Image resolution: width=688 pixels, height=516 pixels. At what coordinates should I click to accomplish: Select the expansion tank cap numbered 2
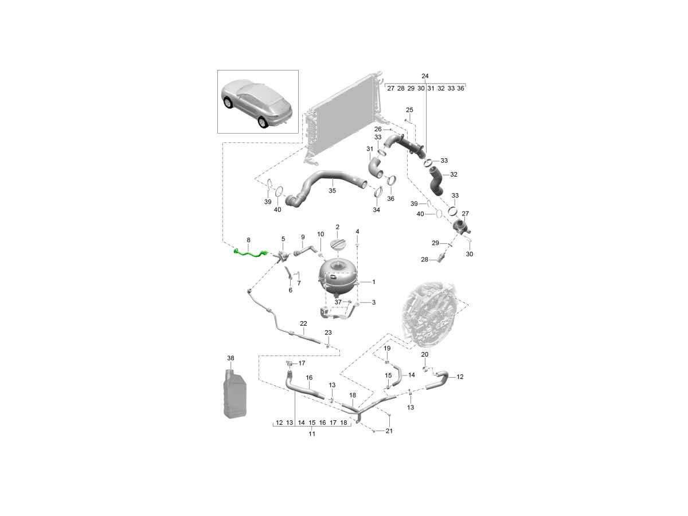point(338,245)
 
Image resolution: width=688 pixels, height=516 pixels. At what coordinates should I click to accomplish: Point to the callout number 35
point(332,190)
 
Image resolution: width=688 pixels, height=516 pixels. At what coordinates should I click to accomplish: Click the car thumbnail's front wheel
point(228,103)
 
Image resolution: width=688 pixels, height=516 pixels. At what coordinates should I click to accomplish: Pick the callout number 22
point(303,324)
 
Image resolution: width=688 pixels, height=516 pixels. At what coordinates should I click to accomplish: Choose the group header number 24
point(425,76)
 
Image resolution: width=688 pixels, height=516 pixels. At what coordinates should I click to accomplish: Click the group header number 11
point(312,434)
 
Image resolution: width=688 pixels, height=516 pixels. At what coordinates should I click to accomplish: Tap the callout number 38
point(230,358)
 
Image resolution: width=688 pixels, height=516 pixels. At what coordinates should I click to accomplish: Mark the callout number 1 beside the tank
point(373,282)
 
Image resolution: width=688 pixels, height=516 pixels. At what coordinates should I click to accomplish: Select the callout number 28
point(425,260)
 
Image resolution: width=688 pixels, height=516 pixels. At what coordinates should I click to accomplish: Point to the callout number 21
point(389,431)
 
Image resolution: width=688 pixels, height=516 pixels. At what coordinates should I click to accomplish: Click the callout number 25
point(409,110)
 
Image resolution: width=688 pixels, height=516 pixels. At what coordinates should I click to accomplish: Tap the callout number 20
point(425,354)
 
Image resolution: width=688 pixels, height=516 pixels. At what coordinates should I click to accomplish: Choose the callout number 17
point(302,363)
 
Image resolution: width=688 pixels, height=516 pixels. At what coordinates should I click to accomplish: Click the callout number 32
point(454,174)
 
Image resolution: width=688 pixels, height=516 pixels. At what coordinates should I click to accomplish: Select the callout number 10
point(320,234)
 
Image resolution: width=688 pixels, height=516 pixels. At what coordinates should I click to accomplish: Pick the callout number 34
point(376,210)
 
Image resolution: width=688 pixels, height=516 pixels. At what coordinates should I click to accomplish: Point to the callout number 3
point(373,302)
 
